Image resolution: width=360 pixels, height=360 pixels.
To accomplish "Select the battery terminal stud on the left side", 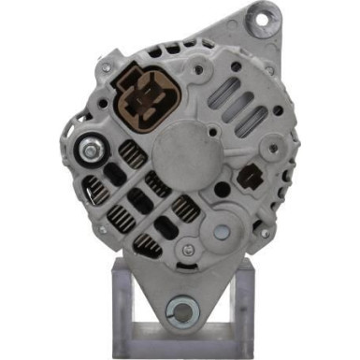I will click(x=91, y=148).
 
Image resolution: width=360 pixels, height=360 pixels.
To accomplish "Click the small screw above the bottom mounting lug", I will click(x=190, y=250).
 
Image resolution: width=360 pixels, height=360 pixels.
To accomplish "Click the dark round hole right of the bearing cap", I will click(x=222, y=190).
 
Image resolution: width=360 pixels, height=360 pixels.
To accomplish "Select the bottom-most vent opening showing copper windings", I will click(x=146, y=245).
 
